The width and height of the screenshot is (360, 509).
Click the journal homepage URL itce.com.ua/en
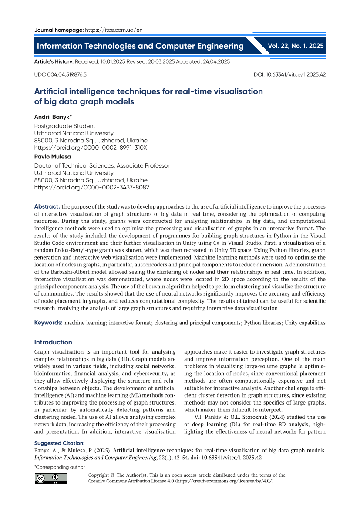pyautogui.click(x=114, y=30)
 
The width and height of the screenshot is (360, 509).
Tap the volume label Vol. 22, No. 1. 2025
pyautogui.click(x=296, y=45)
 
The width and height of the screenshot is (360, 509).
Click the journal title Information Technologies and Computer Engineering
pyautogui.click(x=140, y=46)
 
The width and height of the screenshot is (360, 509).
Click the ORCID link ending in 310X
pyautogui.click(x=91, y=148)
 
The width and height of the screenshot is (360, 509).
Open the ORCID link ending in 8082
pyautogui.click(x=91, y=187)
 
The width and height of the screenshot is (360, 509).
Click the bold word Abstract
pyautogui.click(x=47, y=206)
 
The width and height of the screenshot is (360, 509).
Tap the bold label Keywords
pyautogui.click(x=48, y=323)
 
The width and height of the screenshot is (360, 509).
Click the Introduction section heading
pyautogui.click(x=53, y=342)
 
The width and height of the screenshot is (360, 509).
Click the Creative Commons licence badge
pyautogui.click(x=51, y=479)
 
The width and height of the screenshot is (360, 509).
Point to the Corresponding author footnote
pyautogui.click(x=60, y=467)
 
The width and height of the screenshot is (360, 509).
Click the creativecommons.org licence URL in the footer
pyautogui.click(x=224, y=481)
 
